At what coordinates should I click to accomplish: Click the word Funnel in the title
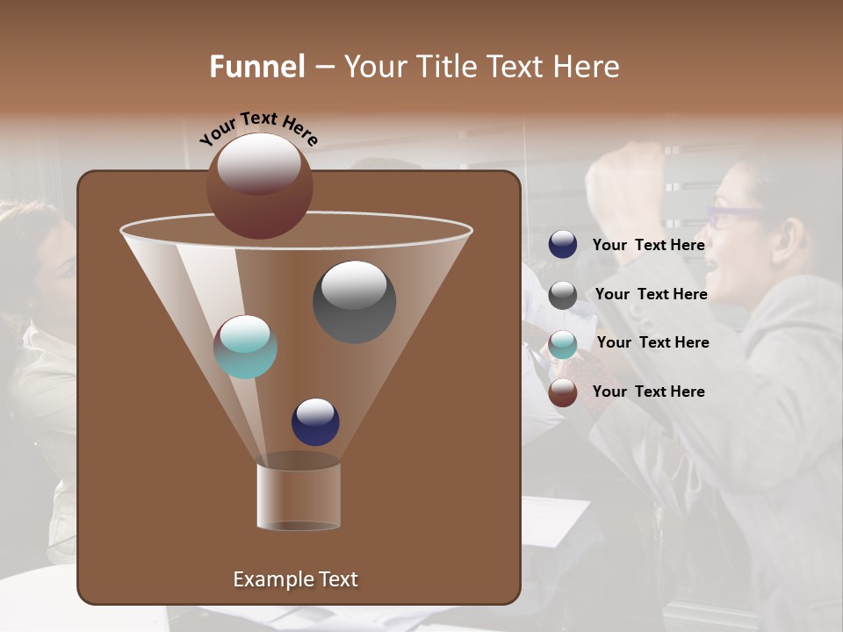coord(256,67)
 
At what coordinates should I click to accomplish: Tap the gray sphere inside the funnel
coord(354,302)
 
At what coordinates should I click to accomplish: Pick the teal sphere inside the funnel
coord(245,347)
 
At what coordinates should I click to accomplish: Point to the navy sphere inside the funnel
coord(315,421)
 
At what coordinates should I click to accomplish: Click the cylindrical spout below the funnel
coord(299,496)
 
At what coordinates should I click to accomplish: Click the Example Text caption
coord(295,579)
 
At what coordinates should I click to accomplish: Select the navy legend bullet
coord(563,245)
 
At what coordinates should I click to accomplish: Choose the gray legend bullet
coord(563,295)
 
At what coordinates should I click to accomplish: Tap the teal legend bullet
coord(563,344)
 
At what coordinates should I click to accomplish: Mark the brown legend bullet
coord(563,392)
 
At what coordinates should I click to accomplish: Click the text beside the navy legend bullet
coord(648,245)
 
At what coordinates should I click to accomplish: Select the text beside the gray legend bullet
coord(651,294)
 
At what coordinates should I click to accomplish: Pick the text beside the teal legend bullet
coord(652,342)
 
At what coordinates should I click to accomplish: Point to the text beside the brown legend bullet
coord(648,391)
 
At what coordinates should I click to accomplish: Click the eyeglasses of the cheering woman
coord(736,214)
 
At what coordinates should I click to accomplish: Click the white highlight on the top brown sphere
coord(259,163)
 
